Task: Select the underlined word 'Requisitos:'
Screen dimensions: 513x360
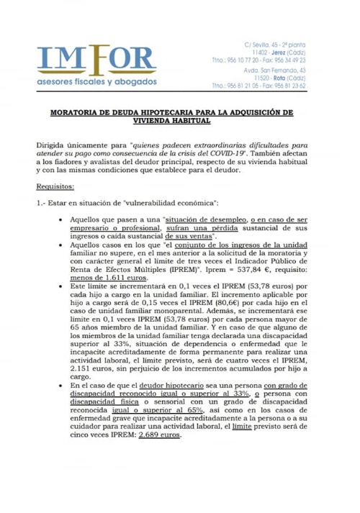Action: coord(55,185)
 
